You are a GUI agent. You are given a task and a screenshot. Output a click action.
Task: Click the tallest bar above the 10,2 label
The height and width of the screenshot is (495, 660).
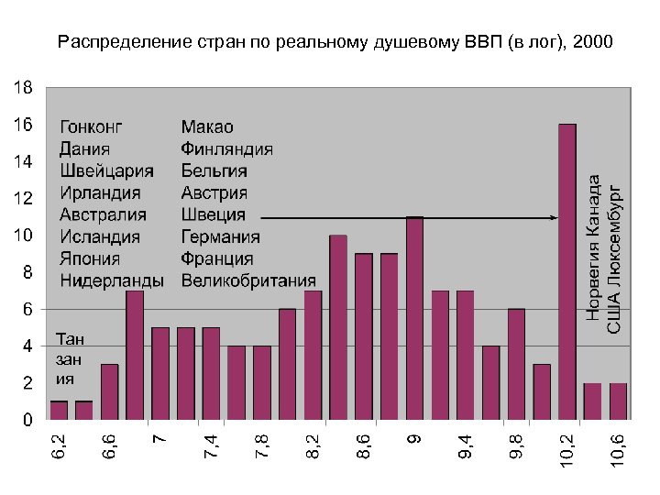[567, 271]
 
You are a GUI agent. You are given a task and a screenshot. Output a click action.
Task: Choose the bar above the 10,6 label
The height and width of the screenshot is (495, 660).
[618, 401]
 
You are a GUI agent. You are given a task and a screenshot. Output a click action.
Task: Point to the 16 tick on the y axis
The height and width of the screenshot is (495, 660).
[22, 124]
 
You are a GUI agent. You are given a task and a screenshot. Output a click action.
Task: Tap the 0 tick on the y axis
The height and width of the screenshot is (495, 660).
[27, 421]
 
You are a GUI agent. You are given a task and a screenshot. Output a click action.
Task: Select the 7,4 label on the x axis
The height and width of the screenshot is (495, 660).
[212, 449]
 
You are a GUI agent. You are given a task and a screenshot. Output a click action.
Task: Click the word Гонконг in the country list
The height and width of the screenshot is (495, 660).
[92, 126]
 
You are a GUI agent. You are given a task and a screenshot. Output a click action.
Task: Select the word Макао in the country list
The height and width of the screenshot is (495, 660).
[207, 126]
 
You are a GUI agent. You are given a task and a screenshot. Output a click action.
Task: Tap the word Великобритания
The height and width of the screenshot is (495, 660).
[247, 280]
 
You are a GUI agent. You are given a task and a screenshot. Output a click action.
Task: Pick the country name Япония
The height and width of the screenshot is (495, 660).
[90, 258]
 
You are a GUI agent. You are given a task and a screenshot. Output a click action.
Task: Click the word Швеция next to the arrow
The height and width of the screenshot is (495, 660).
[213, 214]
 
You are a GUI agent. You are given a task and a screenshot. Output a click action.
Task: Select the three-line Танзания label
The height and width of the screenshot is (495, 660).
[70, 357]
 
